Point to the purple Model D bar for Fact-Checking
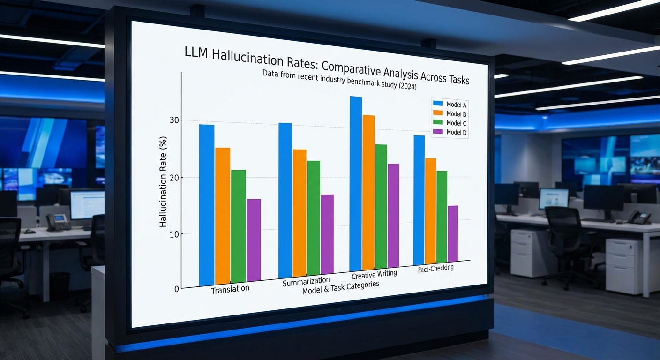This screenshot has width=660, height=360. [452, 233]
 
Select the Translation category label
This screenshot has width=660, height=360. [230, 289]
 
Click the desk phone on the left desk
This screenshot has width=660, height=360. [58, 222]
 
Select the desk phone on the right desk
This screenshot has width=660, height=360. [639, 217]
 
